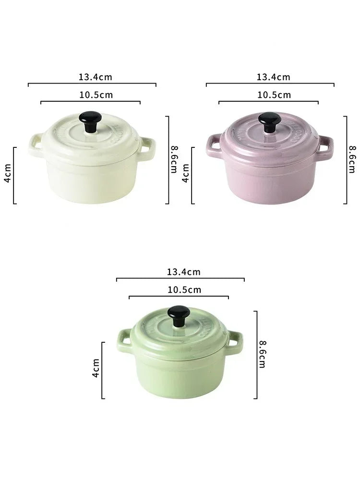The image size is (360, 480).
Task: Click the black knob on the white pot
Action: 90,121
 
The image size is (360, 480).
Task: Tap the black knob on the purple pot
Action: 269,122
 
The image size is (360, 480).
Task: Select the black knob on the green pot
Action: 179,316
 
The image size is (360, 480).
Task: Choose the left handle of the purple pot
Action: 214,145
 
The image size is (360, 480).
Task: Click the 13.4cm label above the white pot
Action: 96,77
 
